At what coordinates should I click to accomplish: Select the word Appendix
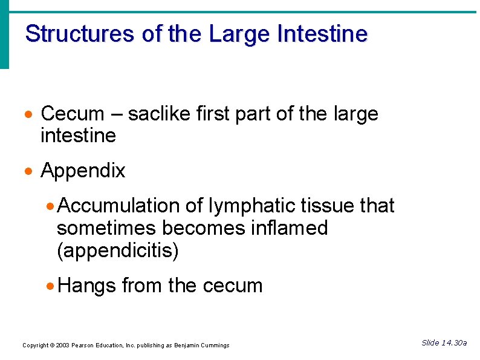click(83, 171)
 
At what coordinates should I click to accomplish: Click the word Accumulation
click(119, 206)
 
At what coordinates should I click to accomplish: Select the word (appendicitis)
click(118, 251)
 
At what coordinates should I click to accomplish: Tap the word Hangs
click(88, 285)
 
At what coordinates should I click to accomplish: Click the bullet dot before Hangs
click(51, 286)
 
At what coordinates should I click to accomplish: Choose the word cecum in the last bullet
click(233, 285)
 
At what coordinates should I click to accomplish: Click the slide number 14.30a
click(453, 343)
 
